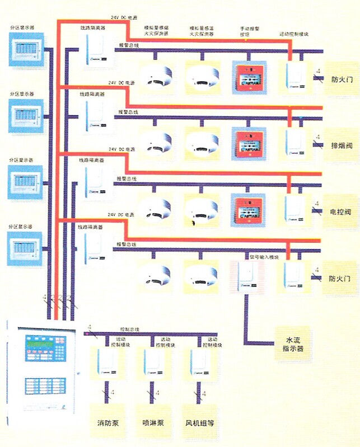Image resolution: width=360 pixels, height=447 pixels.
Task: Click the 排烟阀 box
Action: (341, 146)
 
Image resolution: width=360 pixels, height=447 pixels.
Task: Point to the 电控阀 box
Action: (341, 213)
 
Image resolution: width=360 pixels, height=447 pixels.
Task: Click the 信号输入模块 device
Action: (246, 275)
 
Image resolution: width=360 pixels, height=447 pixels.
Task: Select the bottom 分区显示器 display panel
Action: (26, 246)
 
